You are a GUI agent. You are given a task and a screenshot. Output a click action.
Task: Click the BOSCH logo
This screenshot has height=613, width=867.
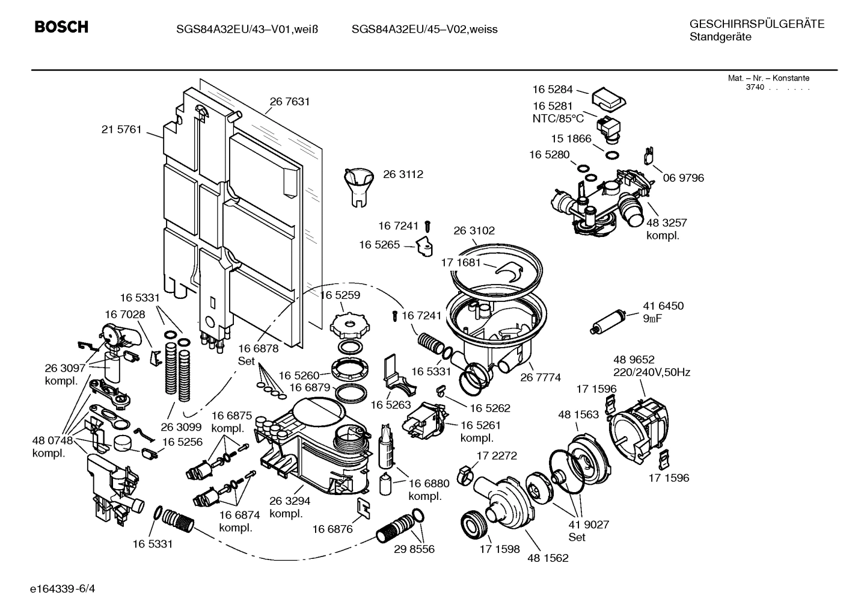point(61,27)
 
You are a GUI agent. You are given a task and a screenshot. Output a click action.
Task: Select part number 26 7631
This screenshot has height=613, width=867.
point(290,102)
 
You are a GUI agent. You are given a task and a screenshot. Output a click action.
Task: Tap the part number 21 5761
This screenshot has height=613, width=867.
point(121,129)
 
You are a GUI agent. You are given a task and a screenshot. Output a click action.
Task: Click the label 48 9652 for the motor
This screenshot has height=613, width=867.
point(634,360)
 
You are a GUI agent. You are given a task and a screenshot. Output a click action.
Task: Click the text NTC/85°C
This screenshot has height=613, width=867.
point(558,119)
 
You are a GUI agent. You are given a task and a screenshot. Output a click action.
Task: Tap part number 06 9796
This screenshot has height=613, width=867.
point(684,178)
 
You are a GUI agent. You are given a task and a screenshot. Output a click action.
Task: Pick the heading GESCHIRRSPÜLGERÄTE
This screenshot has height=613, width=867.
point(756,24)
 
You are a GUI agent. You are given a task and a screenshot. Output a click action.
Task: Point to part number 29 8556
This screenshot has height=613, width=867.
point(414,549)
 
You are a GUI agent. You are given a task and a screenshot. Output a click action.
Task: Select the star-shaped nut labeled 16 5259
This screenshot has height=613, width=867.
point(348,324)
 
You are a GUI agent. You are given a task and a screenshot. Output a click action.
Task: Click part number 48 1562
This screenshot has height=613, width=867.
point(548,558)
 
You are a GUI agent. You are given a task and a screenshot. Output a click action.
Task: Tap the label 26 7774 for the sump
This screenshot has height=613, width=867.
point(541,377)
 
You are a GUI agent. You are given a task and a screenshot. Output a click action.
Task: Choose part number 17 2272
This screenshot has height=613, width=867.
point(497,455)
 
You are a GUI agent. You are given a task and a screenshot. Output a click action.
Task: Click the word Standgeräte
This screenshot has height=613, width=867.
point(720,37)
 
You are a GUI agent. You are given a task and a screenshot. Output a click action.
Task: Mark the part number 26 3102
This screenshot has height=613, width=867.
point(474,230)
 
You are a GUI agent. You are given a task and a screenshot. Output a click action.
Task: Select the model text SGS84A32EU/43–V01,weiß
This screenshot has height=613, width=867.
point(247,29)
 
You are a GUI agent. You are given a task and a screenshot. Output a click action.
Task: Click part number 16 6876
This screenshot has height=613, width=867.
point(332,529)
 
